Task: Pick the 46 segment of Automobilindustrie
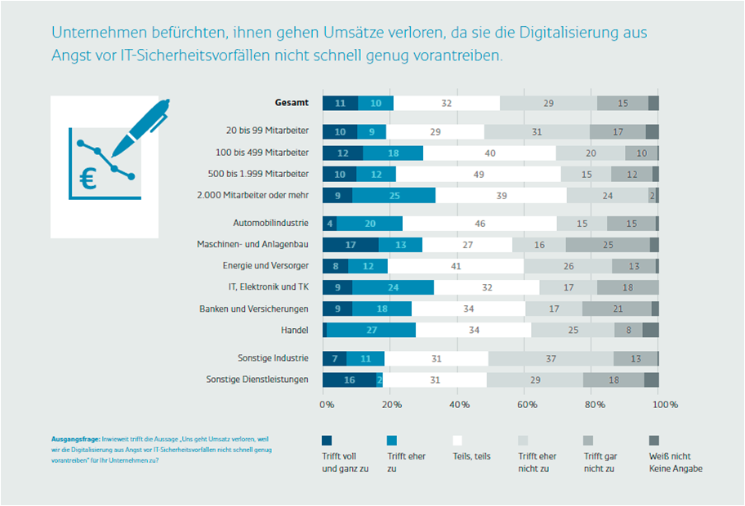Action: click(x=480, y=223)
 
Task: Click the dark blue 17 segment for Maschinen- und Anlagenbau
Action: click(x=350, y=245)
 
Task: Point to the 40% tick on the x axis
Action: click(x=459, y=404)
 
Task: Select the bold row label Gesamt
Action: click(x=291, y=104)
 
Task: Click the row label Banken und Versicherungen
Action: click(x=254, y=308)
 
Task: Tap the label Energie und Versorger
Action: click(x=265, y=266)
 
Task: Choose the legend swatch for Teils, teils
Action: click(x=458, y=440)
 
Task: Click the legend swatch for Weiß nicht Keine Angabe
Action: click(x=655, y=440)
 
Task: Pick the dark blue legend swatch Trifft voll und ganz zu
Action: click(x=327, y=440)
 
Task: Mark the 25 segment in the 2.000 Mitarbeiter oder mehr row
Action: click(x=395, y=196)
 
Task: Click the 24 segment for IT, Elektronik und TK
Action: click(x=394, y=287)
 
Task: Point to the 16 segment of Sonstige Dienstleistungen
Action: click(x=350, y=379)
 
